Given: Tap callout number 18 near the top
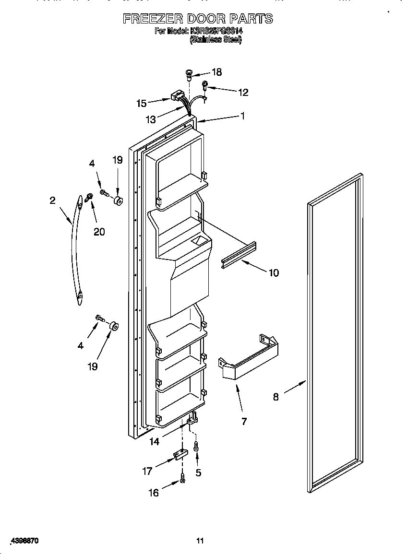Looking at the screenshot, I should (x=216, y=72).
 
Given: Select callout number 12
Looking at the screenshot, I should (x=243, y=93).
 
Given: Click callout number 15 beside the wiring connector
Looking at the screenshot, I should (x=141, y=103).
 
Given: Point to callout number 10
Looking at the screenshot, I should (x=274, y=273).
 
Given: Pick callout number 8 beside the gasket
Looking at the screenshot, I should (x=276, y=397).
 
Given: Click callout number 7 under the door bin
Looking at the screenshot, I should (x=244, y=421).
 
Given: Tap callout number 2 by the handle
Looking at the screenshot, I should (x=53, y=200).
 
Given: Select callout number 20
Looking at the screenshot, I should (x=99, y=232).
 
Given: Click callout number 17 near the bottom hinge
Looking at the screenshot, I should (x=148, y=471).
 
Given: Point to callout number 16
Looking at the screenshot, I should (x=153, y=493).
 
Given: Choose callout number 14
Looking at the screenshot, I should (x=154, y=442).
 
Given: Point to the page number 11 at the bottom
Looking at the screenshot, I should (x=200, y=541).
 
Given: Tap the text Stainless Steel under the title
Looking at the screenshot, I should (x=215, y=40).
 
